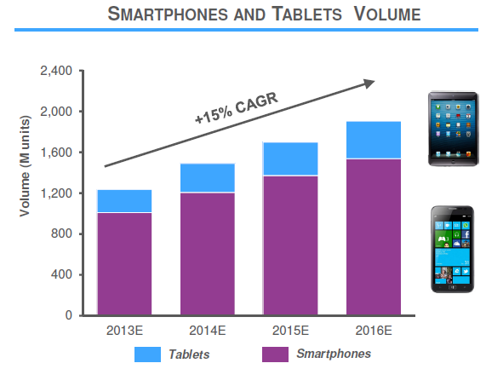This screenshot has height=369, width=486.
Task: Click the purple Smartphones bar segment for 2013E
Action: click(124, 264)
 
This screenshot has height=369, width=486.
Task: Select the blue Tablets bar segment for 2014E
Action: click(207, 178)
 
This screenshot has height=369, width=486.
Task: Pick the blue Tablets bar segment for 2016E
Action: click(374, 140)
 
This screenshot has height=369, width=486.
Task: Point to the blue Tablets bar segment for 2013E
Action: click(124, 201)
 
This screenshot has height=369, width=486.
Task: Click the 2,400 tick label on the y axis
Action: click(57, 71)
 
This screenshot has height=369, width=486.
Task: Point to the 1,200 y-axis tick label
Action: click(57, 193)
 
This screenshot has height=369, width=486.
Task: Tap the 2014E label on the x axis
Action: click(207, 331)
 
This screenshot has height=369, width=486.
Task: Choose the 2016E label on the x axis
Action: click(374, 331)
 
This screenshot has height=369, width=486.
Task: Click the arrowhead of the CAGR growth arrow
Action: click(369, 83)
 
